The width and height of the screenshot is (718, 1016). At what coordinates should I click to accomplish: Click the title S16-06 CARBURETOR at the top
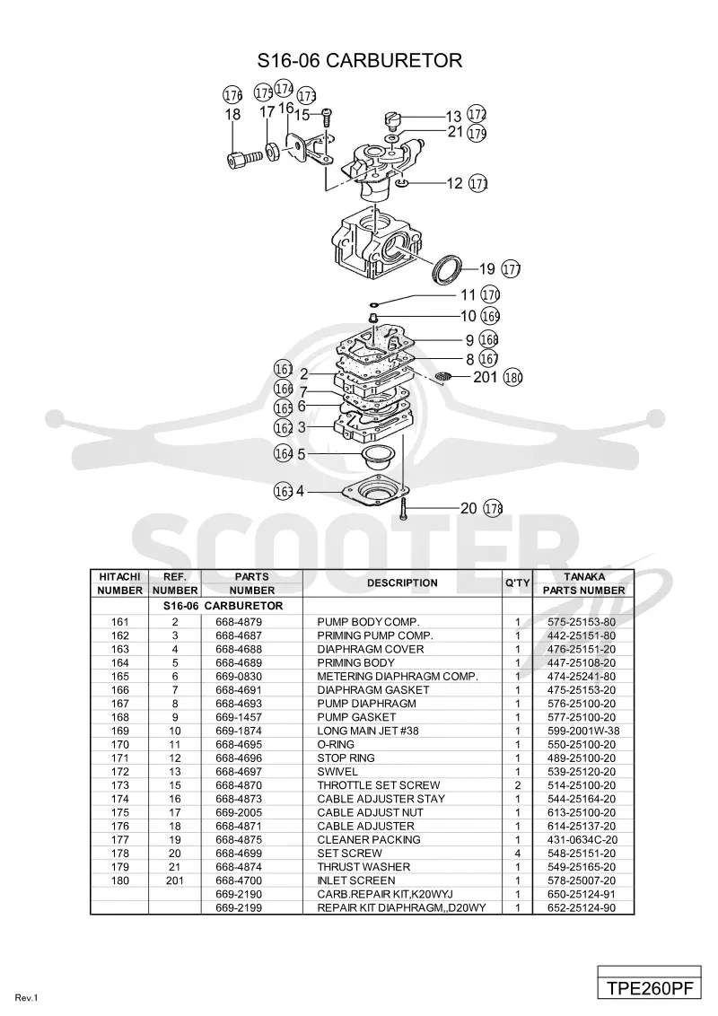point(360,60)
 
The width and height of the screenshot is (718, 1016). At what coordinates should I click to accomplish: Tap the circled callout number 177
point(512,269)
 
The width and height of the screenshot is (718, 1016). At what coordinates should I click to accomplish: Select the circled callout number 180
point(512,377)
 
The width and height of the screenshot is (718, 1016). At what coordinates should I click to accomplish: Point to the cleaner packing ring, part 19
point(448,269)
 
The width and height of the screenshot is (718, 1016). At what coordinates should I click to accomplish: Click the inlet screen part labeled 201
point(444,376)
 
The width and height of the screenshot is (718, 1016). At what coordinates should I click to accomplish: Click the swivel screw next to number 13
point(391,118)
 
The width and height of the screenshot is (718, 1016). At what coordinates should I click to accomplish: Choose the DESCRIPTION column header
point(402,583)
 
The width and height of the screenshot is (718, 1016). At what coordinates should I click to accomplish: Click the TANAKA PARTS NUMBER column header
point(584,583)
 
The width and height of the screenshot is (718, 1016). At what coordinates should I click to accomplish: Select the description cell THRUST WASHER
point(363,867)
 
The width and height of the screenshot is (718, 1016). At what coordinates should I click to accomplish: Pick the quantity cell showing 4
point(517,854)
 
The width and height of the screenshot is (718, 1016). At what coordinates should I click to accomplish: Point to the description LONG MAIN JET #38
point(367,731)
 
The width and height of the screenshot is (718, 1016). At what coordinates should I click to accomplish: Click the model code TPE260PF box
point(649,988)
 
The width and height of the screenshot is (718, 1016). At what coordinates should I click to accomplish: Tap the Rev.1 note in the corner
point(27,998)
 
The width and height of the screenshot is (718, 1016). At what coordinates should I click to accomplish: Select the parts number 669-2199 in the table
point(239,907)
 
